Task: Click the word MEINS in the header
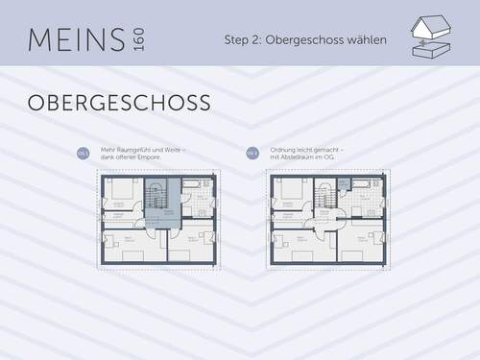pos(76,39)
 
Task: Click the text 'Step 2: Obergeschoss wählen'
pos(305,40)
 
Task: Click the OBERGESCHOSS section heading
pos(119,102)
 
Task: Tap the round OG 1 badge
pos(83,153)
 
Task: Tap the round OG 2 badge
pos(252,153)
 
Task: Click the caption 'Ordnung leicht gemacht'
pos(307,150)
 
